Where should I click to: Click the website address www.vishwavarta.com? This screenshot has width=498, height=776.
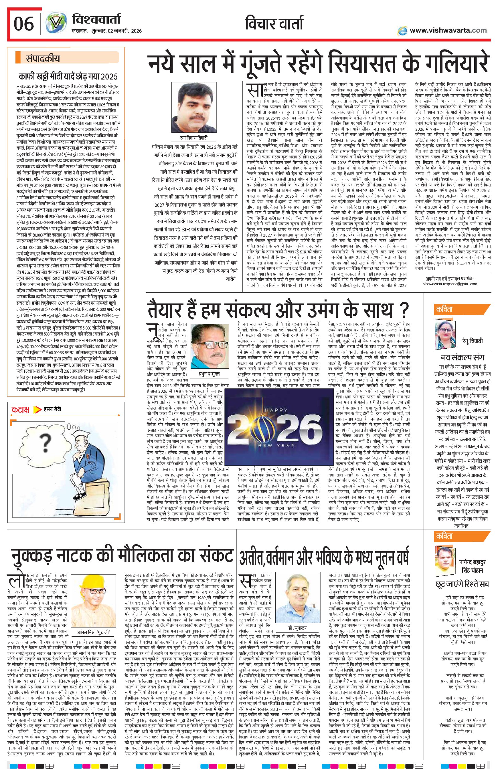448,30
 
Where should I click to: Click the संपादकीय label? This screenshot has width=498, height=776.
43,59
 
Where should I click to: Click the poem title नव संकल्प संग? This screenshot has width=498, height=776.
463,357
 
